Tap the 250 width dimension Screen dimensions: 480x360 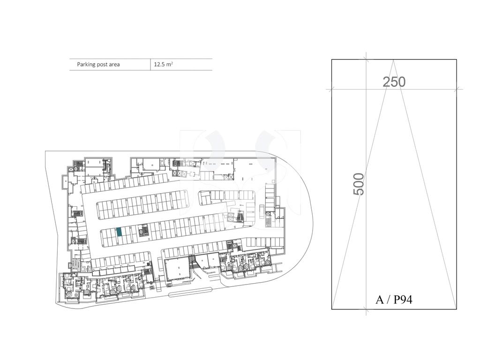click(394, 82)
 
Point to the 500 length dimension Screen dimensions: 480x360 click(359, 184)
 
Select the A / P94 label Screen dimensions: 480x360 click(394, 300)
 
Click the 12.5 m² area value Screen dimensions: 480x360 click(163, 64)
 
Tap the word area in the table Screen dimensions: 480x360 click(114, 65)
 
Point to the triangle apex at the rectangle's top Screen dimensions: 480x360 click(393, 60)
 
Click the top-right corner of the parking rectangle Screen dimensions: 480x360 click(457, 60)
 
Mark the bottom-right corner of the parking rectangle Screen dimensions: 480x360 click(457, 309)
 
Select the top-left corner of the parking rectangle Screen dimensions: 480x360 click(332, 60)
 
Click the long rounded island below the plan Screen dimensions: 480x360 click(190, 292)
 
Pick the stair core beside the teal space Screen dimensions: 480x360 click(144, 230)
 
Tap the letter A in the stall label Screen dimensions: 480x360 click(380, 300)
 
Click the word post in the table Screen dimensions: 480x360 click(102, 65)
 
